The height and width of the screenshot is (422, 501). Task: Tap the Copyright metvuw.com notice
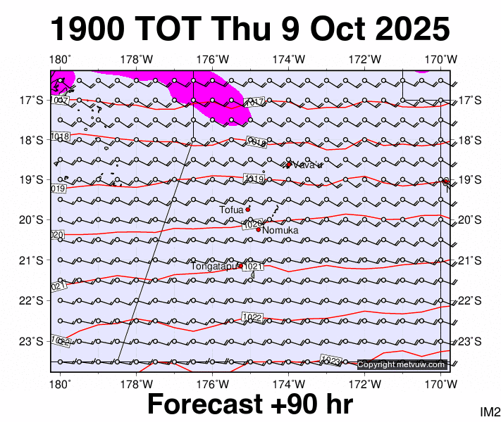tap(402, 364)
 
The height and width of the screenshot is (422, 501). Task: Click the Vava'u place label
tap(307, 165)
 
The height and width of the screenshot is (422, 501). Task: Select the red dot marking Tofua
tap(248, 209)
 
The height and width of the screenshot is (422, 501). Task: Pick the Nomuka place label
tap(280, 231)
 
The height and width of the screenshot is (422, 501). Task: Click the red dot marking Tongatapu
tap(240, 266)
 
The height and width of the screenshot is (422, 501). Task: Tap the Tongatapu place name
tap(214, 266)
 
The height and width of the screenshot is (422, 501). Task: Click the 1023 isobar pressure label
tap(331, 360)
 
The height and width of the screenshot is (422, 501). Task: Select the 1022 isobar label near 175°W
tap(252, 317)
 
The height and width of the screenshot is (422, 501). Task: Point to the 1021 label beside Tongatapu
tap(254, 267)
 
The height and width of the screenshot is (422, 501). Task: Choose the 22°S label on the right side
tap(469, 301)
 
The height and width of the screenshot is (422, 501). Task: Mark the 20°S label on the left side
tap(31, 220)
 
